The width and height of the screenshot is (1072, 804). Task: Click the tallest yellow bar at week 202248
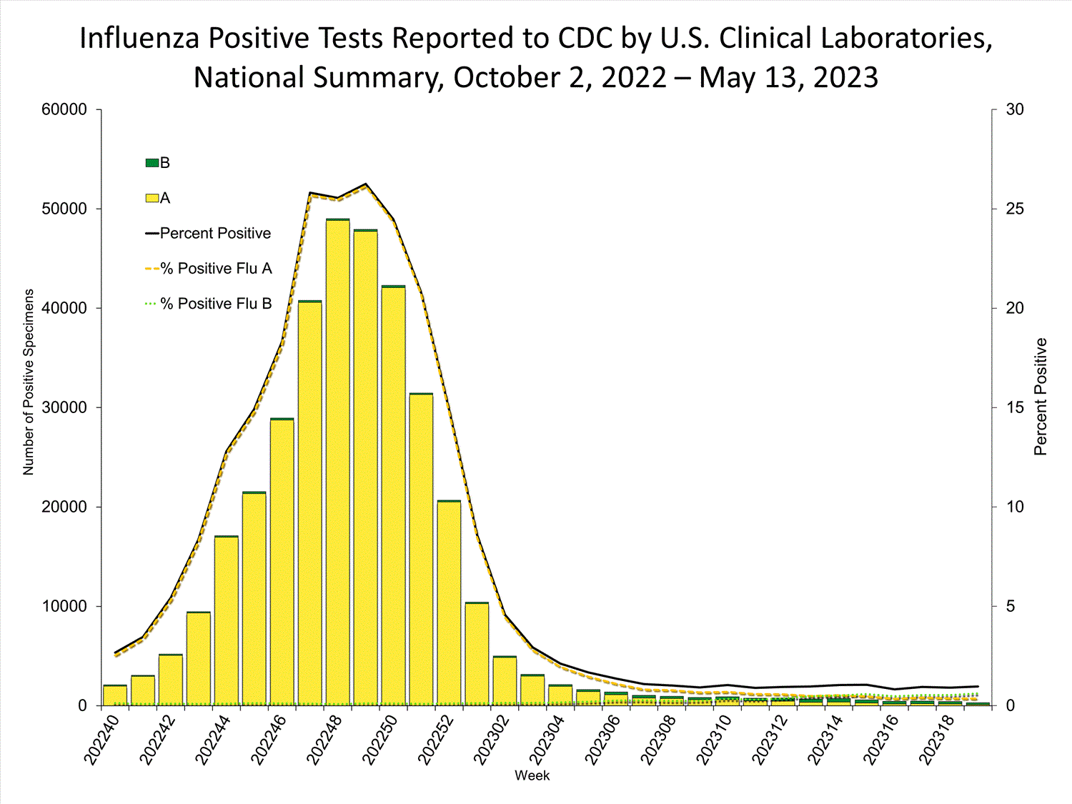338,465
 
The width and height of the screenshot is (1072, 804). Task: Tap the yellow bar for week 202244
227,622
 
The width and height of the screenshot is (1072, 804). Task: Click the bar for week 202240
115,695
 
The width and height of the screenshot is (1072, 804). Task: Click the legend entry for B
158,163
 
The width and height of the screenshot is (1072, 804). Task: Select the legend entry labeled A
158,198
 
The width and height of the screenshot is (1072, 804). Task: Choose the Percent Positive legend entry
208,234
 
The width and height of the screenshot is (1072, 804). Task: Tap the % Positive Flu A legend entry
209,269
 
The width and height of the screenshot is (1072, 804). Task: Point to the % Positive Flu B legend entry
209,304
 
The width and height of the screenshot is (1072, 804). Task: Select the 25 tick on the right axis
1015,209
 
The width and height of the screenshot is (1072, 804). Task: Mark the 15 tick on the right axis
1015,407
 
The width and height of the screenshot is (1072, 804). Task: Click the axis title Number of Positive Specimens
29,382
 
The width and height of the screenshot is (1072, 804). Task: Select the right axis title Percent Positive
1041,397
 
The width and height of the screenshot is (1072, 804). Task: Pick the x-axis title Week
532,775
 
